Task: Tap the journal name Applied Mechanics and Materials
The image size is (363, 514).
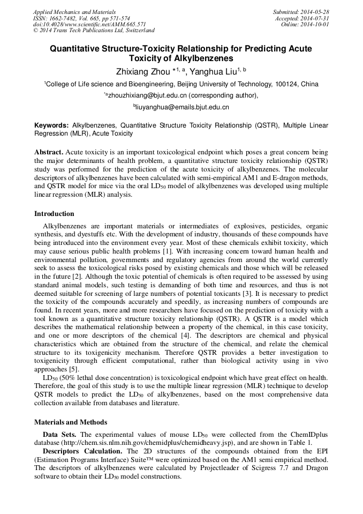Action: [x=74, y=12]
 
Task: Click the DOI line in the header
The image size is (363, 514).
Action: [x=89, y=24]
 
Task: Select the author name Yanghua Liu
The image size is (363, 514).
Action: [x=214, y=71]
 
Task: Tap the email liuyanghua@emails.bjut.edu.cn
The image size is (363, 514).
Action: [x=183, y=107]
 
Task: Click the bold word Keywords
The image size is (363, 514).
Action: [x=51, y=125]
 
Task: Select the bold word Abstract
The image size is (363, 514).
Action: [x=49, y=152]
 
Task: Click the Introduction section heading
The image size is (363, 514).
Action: [x=54, y=214]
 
